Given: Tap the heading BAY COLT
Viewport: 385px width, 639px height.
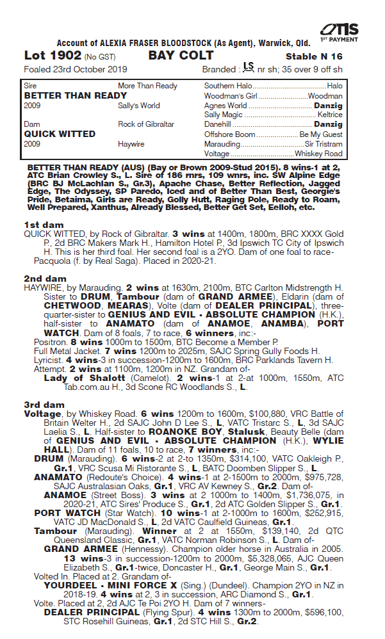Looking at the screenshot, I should click(181, 56).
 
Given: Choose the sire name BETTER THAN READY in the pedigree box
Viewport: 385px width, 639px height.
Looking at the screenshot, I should click(75, 95).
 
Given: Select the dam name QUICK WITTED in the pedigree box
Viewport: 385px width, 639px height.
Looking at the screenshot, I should click(60, 134).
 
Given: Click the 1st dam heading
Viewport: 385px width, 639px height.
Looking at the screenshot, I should click(40, 225).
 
